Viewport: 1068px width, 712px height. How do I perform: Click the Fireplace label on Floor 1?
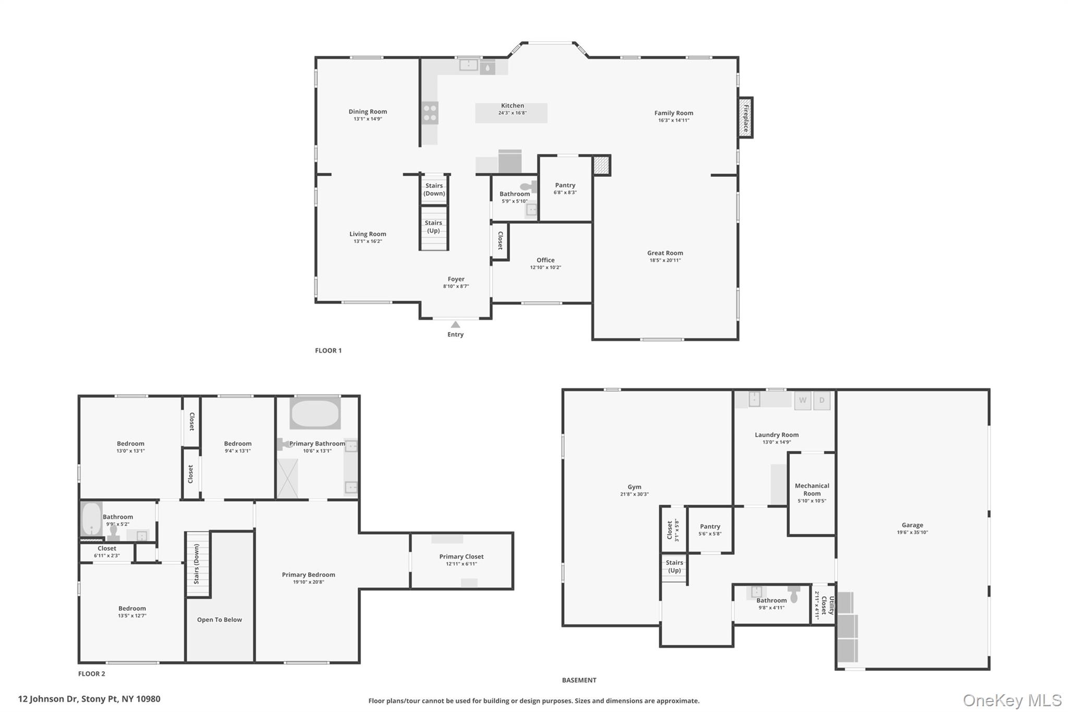(746, 117)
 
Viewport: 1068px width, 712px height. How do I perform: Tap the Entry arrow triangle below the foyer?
(455, 324)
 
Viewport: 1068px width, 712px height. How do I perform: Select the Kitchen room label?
(512, 106)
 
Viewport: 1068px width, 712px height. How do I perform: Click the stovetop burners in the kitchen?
(430, 113)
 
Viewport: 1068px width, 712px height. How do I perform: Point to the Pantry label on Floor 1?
(565, 185)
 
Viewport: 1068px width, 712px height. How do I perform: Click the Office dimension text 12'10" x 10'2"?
(545, 268)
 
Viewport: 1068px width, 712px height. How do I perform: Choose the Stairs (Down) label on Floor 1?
(434, 189)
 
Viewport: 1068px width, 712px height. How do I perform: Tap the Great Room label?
(665, 253)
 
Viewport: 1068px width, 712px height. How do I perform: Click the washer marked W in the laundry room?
(803, 401)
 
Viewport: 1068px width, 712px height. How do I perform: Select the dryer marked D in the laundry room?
(822, 401)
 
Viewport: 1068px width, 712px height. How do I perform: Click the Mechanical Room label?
(811, 489)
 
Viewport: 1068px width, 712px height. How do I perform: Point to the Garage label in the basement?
(912, 525)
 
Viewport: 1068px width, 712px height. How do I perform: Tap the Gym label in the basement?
(634, 487)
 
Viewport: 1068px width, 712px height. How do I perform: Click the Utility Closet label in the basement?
(824, 605)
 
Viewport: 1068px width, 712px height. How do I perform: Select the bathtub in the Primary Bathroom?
(315, 414)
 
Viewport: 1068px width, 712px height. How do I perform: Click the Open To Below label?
(220, 620)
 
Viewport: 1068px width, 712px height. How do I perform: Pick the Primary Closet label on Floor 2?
(461, 557)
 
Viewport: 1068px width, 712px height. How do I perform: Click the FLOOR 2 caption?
(92, 674)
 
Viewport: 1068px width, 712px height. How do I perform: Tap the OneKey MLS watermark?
(1012, 700)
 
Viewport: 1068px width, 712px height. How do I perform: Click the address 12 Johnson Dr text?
(89, 699)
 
